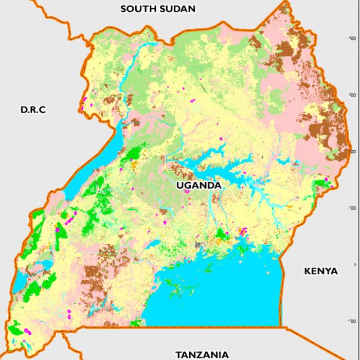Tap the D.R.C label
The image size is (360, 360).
33,110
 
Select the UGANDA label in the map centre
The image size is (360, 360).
199,185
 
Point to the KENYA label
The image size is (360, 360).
321,271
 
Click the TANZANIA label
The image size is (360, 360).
202,354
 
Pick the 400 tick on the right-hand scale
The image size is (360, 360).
352,39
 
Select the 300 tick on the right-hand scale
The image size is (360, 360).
352,95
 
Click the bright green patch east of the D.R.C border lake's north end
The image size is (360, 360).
135,153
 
